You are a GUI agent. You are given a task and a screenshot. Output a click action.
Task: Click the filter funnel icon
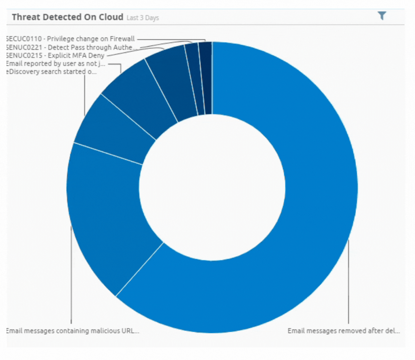[381, 16]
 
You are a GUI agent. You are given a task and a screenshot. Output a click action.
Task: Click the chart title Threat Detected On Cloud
[67, 17]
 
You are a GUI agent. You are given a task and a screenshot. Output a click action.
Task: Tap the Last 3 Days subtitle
[143, 18]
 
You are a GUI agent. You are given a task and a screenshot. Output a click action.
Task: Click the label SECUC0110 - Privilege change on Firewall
[70, 39]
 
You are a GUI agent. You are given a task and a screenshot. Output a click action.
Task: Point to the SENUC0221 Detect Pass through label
[71, 47]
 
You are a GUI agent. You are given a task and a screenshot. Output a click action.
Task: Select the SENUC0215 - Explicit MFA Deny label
[55, 55]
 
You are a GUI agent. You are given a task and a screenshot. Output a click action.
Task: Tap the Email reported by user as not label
[55, 64]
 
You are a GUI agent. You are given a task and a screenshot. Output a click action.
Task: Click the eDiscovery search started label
[51, 72]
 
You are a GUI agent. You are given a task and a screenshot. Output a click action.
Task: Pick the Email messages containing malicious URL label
[73, 331]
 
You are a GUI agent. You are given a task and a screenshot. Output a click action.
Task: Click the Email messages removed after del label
[343, 331]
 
